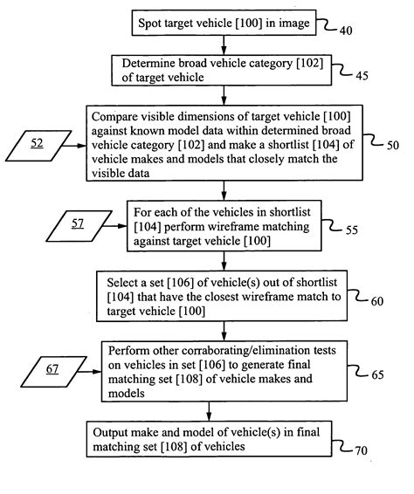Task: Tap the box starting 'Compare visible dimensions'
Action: [x=224, y=143]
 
